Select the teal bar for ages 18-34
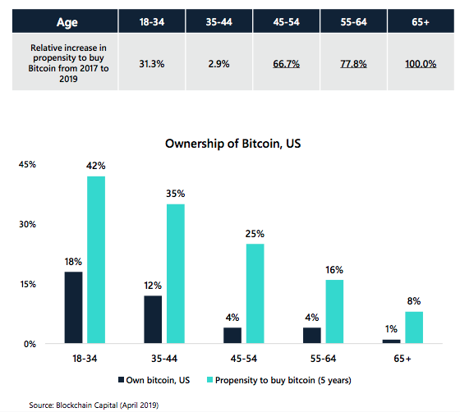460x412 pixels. click(x=96, y=259)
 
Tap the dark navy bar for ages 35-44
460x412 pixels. click(x=153, y=318)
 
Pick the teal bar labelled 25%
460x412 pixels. click(x=255, y=293)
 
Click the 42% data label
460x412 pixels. click(x=96, y=166)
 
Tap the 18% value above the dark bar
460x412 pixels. click(x=73, y=262)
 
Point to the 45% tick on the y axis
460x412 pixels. click(x=26, y=164)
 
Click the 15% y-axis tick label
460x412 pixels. click(x=26, y=284)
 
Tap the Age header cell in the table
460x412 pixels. click(x=63, y=17)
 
